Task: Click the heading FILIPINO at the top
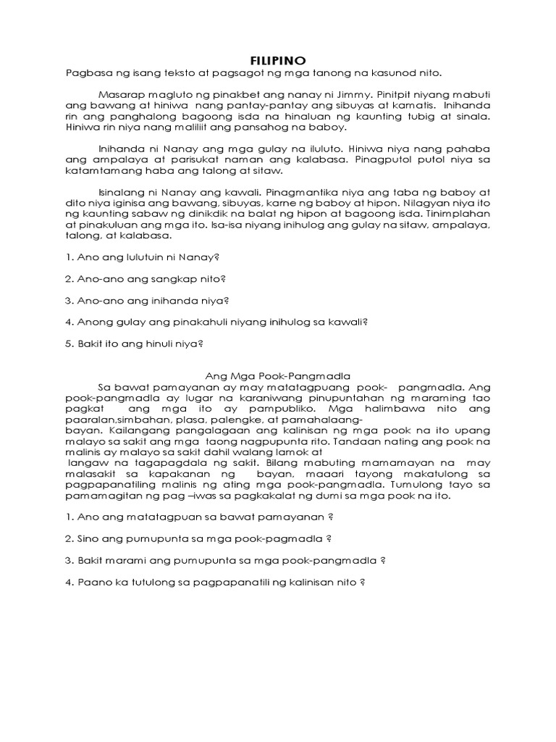pos(277,60)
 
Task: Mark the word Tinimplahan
pos(457,214)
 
